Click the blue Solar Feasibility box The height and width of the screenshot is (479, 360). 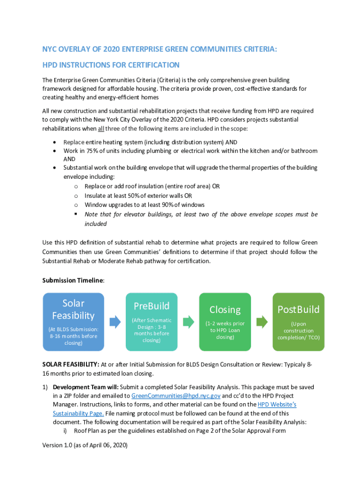[x=73, y=322]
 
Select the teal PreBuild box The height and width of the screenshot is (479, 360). [x=151, y=322]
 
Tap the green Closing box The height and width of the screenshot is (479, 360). [x=225, y=322]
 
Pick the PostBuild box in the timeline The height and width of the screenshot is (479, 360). [x=298, y=322]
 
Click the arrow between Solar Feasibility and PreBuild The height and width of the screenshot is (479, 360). [x=115, y=322]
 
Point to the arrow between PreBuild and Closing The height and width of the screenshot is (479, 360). [x=188, y=322]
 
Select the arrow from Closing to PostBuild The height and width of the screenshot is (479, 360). [x=262, y=322]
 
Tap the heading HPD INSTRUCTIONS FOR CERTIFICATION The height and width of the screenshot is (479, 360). [x=111, y=65]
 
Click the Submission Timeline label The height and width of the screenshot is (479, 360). [x=73, y=280]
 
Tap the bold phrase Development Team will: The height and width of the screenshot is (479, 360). [x=86, y=387]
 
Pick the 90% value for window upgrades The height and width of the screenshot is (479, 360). [x=153, y=205]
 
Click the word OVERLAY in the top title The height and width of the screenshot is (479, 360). [x=74, y=49]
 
